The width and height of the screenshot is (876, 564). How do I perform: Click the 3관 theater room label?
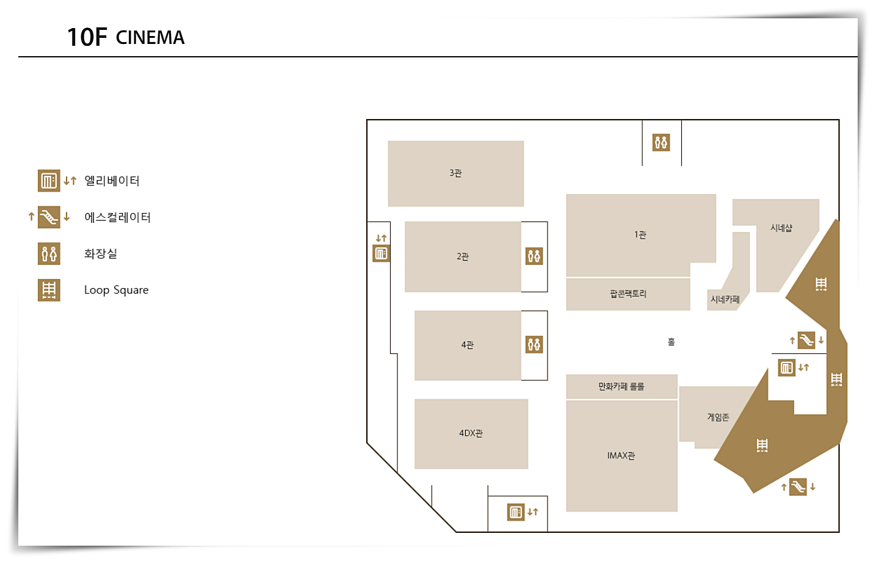coord(455,173)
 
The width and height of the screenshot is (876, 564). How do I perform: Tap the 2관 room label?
coord(463,256)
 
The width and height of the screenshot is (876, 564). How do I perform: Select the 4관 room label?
coord(467,345)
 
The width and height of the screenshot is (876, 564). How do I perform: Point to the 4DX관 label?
coord(471,433)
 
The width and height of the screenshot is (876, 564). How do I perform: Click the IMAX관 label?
coord(621,456)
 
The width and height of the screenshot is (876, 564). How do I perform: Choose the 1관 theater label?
coord(640,235)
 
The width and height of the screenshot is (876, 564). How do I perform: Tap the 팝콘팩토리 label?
coord(628,294)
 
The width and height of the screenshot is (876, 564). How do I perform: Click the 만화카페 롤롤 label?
coord(621,386)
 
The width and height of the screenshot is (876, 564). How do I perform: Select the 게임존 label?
coord(718,418)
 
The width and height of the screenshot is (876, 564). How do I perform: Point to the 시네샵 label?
coord(781,228)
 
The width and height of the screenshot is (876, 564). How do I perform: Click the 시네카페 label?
coord(725,300)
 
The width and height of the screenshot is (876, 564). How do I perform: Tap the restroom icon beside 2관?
coord(534,256)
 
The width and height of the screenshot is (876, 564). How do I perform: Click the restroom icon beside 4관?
coord(534,345)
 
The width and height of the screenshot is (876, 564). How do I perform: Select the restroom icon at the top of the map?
coord(661,143)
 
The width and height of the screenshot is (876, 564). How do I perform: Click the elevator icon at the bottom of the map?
coord(516,512)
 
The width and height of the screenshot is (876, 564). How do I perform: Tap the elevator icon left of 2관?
coord(381,253)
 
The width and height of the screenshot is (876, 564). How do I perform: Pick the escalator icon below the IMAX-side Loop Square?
coord(798,486)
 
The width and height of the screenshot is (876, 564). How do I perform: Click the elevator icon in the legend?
coord(49,181)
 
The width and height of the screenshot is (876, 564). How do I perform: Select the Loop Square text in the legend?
coord(116,290)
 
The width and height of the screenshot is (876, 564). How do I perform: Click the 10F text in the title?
coord(87,37)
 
